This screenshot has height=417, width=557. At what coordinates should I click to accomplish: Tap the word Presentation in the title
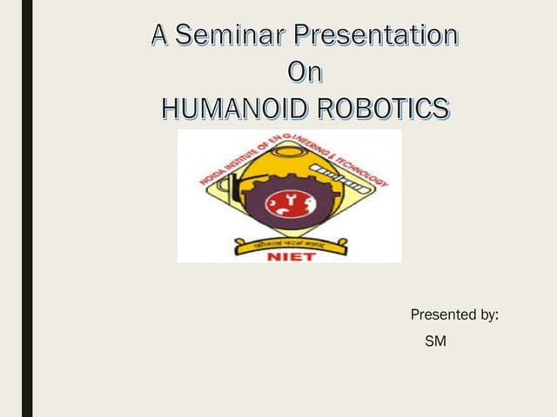376,36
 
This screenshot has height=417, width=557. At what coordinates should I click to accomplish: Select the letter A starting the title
160,36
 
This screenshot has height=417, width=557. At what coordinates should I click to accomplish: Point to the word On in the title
305,72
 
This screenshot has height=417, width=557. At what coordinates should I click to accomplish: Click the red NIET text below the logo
288,255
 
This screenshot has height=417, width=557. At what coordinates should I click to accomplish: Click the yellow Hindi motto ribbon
288,238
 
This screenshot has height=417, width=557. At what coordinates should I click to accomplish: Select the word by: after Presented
490,314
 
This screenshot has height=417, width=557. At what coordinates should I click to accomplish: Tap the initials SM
435,342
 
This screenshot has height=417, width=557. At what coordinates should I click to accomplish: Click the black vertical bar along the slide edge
27,208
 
